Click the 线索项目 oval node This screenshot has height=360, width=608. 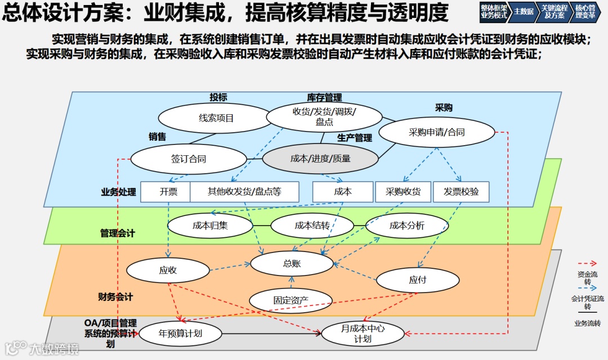[216, 118]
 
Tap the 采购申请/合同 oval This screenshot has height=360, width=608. [436, 133]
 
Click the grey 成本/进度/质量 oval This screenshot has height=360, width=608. [320, 159]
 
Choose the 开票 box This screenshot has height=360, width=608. [168, 192]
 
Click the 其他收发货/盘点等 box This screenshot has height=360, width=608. [244, 192]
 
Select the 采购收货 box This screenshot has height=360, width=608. [403, 192]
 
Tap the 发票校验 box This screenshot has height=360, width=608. [461, 192]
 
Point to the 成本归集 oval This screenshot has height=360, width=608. [210, 226]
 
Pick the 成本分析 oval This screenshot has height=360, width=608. [407, 226]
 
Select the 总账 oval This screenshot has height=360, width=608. [292, 263]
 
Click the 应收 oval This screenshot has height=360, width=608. [168, 270]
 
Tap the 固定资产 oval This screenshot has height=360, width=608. [290, 300]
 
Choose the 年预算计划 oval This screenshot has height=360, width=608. [180, 334]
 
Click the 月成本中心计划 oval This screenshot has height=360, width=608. [363, 334]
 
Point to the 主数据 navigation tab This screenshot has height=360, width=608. [524, 11]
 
